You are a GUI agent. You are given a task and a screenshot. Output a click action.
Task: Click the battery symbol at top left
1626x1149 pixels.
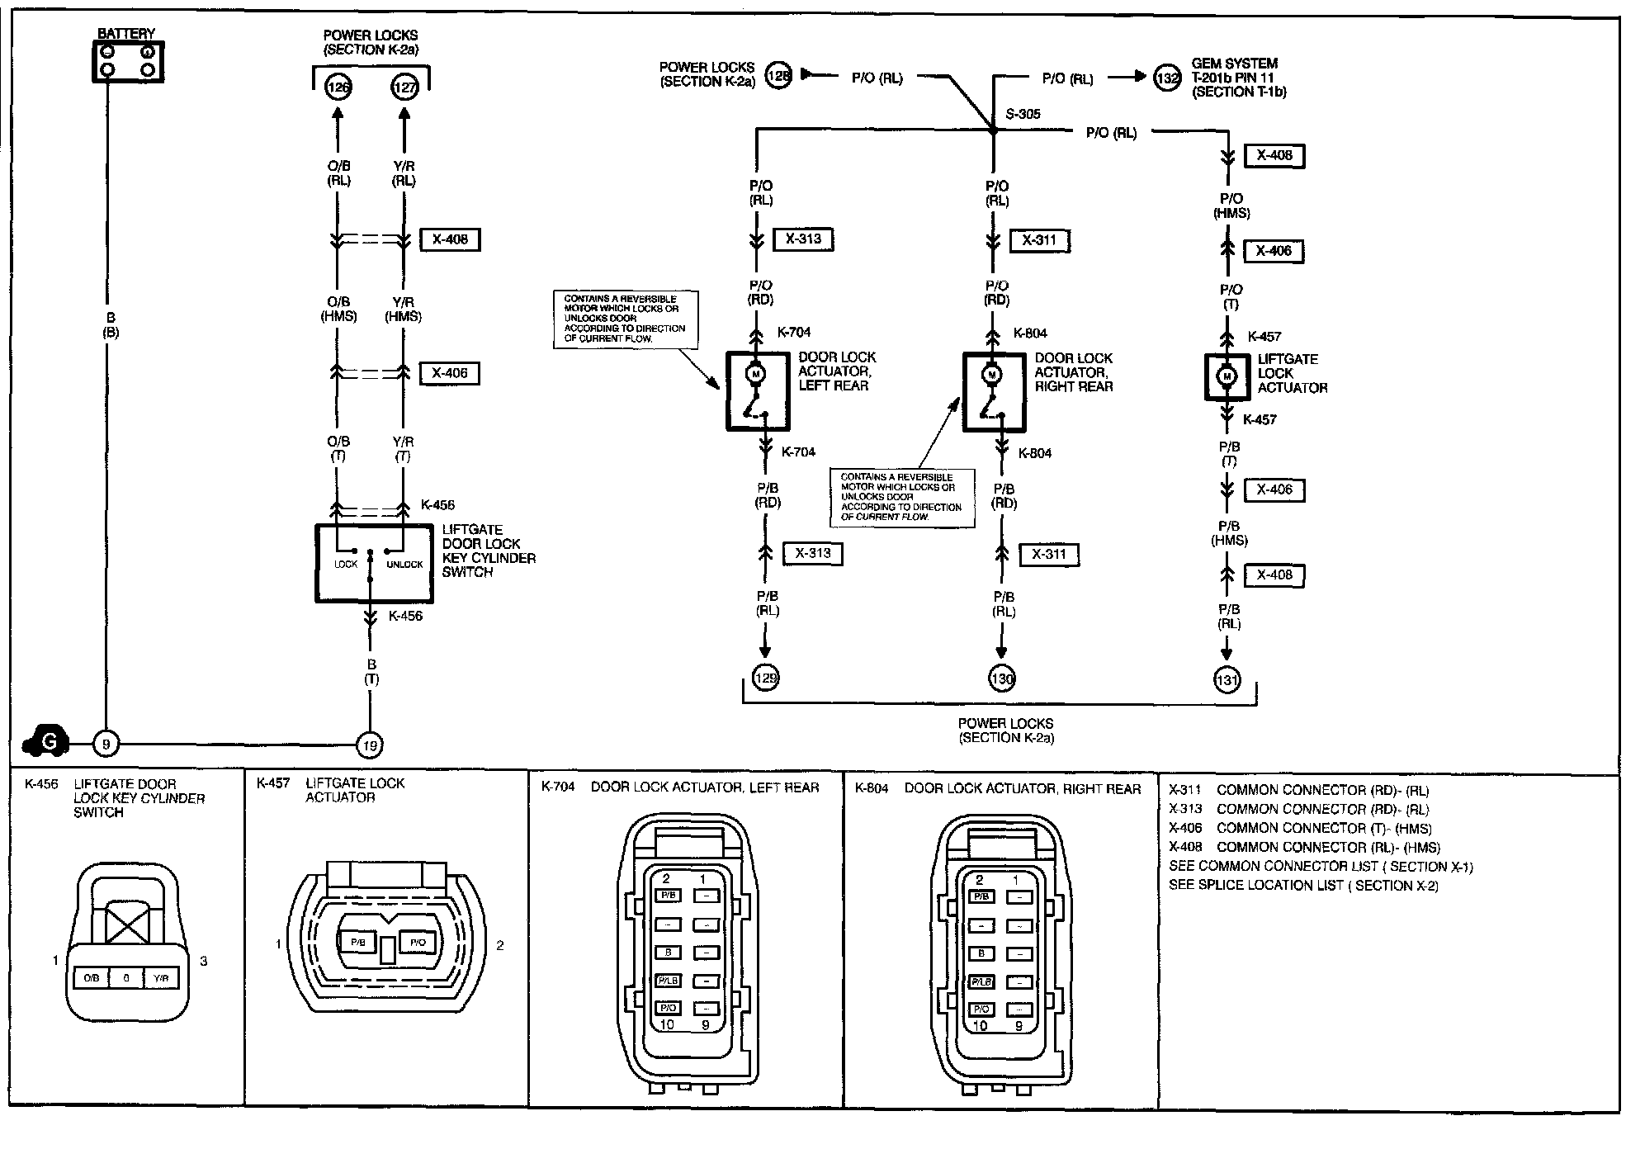point(127,61)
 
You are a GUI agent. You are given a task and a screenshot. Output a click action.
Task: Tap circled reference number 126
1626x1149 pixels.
point(338,87)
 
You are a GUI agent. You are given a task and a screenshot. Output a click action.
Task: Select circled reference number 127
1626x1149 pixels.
point(404,87)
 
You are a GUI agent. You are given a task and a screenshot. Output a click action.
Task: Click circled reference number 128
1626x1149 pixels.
point(778,75)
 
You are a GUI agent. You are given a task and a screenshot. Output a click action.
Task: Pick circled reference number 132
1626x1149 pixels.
point(1166,78)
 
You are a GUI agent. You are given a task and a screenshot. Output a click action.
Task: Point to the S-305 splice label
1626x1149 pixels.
point(1023,115)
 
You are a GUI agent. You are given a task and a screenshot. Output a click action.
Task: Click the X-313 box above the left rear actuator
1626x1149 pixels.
point(803,239)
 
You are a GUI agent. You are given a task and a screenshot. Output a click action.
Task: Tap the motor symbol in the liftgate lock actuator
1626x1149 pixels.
point(1227,376)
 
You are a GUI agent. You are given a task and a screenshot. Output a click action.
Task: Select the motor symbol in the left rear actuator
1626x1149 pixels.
point(756,374)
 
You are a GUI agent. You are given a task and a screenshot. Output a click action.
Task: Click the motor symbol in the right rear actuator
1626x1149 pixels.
point(992,375)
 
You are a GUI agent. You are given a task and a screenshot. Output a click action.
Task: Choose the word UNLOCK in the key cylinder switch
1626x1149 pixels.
point(404,565)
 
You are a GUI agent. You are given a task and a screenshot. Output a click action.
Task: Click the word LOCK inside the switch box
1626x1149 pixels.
point(346,565)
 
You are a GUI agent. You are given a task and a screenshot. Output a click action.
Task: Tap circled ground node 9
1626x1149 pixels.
point(106,745)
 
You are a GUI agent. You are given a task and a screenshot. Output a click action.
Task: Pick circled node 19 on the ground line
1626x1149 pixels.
point(370,745)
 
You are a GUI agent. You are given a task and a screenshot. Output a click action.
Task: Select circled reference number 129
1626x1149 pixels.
point(766,679)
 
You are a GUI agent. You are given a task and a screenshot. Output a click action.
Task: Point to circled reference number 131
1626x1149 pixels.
point(1227,680)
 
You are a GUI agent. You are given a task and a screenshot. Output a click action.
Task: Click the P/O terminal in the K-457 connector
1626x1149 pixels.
point(418,943)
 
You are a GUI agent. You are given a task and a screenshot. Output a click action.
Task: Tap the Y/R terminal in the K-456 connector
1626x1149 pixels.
point(161,978)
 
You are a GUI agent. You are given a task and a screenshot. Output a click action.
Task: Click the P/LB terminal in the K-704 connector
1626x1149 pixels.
point(667,981)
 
